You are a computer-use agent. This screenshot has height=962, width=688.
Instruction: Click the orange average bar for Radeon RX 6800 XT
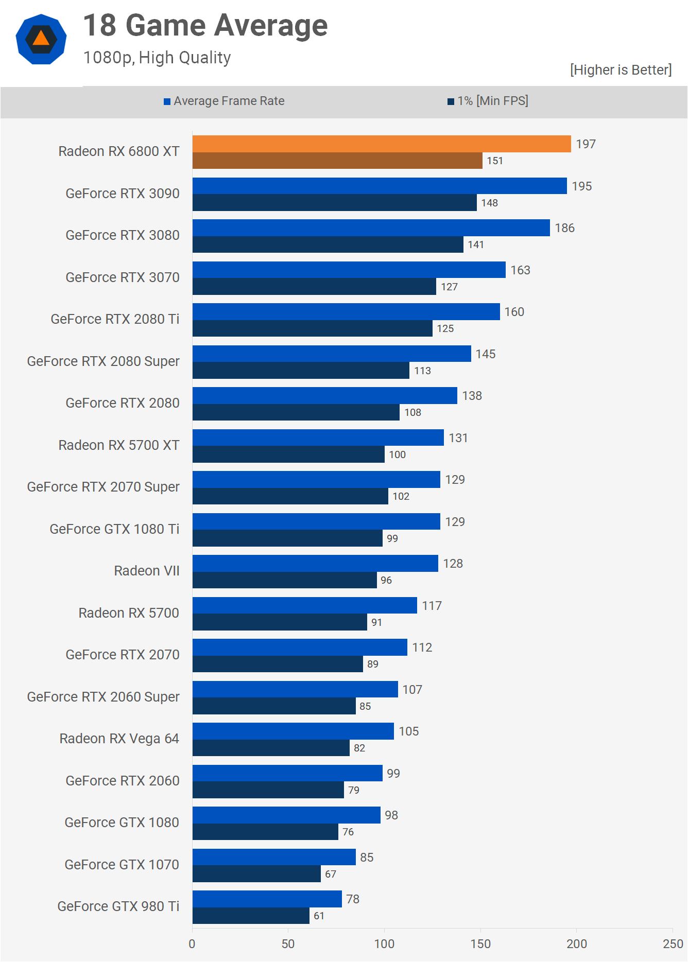click(381, 144)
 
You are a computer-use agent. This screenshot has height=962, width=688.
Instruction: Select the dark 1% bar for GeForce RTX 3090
click(335, 203)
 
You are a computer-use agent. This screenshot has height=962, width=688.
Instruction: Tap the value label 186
click(564, 228)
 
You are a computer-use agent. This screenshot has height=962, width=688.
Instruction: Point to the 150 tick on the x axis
click(480, 943)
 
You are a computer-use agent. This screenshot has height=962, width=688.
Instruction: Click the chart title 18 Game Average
click(205, 26)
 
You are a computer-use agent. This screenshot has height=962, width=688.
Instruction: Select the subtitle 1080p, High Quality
click(157, 58)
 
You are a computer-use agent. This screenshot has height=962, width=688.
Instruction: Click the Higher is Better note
click(621, 70)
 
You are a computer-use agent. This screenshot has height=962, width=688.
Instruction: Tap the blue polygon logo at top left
click(41, 39)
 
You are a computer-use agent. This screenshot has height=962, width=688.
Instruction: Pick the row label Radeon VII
click(147, 571)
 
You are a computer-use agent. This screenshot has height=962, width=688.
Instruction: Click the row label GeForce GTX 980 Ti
click(118, 906)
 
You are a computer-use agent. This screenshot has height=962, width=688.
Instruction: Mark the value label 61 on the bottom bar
click(319, 916)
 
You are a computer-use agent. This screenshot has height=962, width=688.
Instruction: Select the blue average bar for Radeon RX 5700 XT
click(318, 438)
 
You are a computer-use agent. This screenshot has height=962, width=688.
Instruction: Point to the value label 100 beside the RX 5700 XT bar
click(397, 454)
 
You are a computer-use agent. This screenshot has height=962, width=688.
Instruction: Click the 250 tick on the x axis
click(673, 943)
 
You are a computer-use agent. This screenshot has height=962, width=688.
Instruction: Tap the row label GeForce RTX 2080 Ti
click(115, 319)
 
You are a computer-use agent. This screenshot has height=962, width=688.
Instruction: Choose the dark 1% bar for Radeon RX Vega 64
click(271, 748)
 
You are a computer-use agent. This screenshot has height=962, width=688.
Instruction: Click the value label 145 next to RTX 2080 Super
click(485, 354)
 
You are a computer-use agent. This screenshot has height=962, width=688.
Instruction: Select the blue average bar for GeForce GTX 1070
click(274, 857)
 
